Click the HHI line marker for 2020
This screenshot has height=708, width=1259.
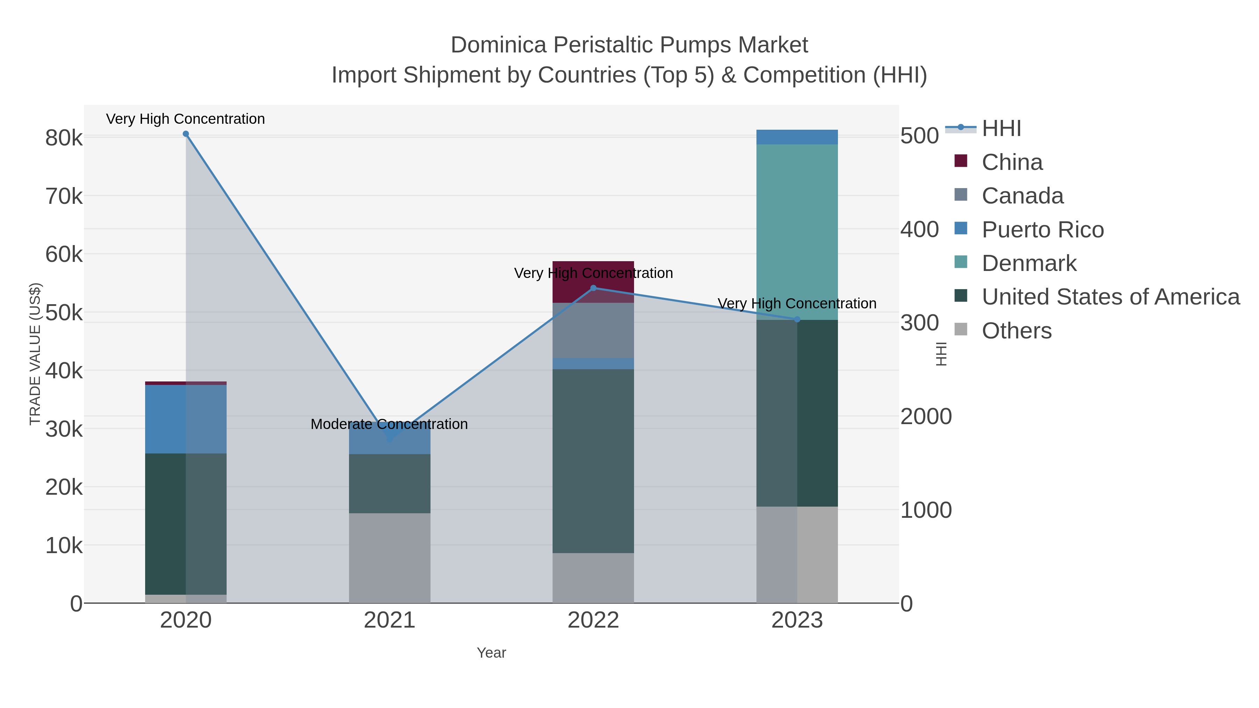[x=186, y=134]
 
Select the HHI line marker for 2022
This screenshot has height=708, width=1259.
[x=593, y=288]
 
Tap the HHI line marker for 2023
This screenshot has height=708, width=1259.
[x=797, y=319]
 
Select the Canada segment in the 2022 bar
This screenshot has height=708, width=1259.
[x=593, y=330]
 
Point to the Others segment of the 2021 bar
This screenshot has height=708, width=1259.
[x=390, y=558]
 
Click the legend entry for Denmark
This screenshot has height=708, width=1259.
[x=1029, y=263]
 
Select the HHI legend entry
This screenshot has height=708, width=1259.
[x=1001, y=129]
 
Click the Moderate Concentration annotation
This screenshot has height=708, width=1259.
[x=389, y=424]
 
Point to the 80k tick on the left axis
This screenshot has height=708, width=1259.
[x=64, y=138]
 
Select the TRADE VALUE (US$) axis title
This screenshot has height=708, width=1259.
[x=35, y=354]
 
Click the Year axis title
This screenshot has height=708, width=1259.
[x=491, y=653]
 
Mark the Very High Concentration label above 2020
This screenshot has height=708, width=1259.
[x=186, y=119]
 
